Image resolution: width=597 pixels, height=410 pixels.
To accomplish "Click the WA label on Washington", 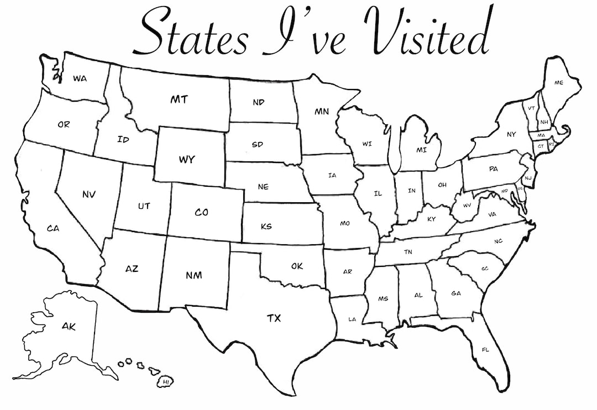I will coord(80,78).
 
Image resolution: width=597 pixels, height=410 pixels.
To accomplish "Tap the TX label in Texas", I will coord(274,318).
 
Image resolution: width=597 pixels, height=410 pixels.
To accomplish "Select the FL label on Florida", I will coord(485,350).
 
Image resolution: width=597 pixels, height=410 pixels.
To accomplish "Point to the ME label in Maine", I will coord(559,83).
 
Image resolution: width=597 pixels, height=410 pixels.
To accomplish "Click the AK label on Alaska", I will coord(69,327).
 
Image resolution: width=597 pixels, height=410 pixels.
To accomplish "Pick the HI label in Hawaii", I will coord(166,381).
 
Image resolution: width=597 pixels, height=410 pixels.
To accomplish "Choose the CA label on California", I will coord(53,228).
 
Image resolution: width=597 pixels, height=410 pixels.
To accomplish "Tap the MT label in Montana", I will coord(179,100).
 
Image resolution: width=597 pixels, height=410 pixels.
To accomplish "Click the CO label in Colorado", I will coord(202,212).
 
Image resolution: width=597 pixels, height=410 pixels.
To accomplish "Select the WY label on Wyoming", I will coord(186,160).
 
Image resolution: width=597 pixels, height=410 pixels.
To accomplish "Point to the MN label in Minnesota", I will coord(322,112).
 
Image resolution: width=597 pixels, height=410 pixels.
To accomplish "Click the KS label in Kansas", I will coord(266,226).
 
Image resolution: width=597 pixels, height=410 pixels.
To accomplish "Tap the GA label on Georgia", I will coord(456,293).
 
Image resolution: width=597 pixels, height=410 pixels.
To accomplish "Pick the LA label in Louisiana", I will coord(352,319).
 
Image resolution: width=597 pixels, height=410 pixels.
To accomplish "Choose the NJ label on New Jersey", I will coord(528,177).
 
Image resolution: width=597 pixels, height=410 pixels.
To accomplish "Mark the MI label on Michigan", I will coord(422,150).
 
